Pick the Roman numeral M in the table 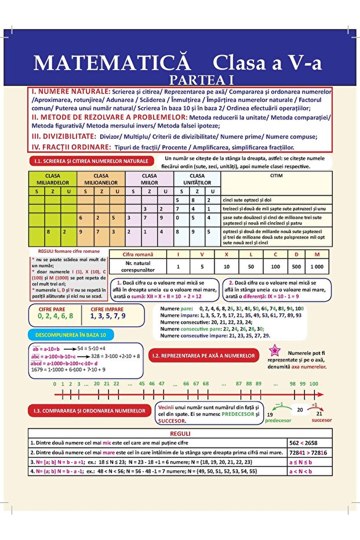317,254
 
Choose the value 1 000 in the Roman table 317,266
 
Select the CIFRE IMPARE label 107,309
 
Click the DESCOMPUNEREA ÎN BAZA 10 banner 71,335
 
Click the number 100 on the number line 314,383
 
